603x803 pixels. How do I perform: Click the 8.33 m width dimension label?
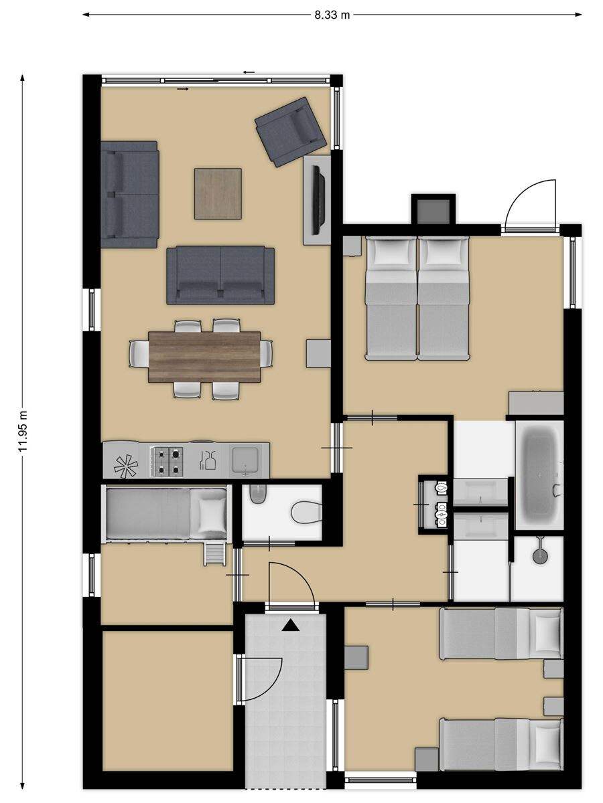(332, 15)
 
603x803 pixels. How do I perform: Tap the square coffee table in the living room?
(218, 193)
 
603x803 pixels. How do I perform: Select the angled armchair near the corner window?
(291, 132)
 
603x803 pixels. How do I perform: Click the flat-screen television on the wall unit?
(318, 199)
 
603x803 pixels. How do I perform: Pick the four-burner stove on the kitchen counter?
(167, 462)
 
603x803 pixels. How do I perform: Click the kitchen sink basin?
(246, 460)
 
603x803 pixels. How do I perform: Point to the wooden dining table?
(204, 357)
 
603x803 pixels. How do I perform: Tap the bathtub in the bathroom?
(539, 475)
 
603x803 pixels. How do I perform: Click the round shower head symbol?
(539, 557)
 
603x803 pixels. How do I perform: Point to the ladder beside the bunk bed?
(214, 554)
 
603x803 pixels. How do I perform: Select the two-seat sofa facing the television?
(220, 275)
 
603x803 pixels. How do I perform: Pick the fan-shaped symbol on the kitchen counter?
(126, 466)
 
